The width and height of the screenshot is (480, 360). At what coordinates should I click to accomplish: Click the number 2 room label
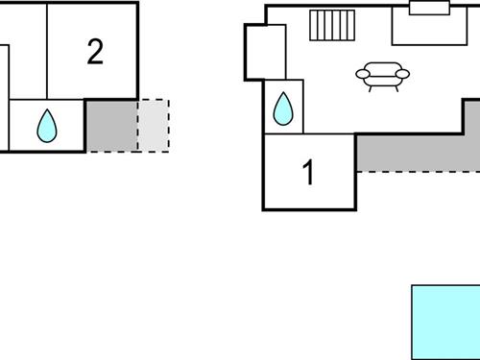pyautogui.click(x=94, y=53)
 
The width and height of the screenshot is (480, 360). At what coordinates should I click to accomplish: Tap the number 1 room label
pyautogui.click(x=308, y=174)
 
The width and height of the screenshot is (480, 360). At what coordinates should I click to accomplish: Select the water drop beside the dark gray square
pyautogui.click(x=46, y=125)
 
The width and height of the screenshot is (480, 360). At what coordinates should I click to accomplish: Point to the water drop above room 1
pyautogui.click(x=283, y=108)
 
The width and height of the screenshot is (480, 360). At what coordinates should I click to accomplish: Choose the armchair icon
pyautogui.click(x=382, y=76)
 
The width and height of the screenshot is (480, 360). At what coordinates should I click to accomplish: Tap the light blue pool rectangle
pyautogui.click(x=445, y=321)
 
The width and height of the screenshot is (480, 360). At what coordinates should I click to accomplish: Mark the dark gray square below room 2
pyautogui.click(x=111, y=125)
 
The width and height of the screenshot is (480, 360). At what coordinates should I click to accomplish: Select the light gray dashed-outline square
pyautogui.click(x=153, y=125)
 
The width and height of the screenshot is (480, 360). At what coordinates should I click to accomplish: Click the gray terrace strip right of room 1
pyautogui.click(x=418, y=152)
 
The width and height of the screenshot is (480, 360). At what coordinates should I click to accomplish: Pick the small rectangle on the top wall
pyautogui.click(x=429, y=9)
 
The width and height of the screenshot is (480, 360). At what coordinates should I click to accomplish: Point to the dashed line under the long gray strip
pyautogui.click(x=418, y=172)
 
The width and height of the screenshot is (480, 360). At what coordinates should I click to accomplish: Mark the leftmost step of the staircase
pyautogui.click(x=314, y=26)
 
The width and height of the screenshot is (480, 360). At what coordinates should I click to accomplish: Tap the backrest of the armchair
pyautogui.click(x=382, y=67)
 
